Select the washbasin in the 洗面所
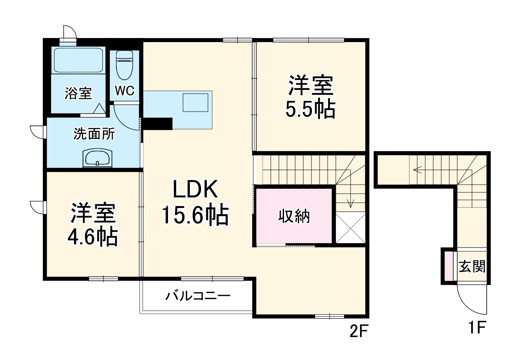coord(97,157)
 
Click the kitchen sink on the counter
coord(195,102)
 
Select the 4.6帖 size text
coord(93,237)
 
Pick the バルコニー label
coord(198,295)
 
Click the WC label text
coord(124,91)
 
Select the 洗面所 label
coord(94,134)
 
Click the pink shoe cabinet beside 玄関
coord(448,266)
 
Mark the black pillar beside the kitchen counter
coord(158,123)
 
